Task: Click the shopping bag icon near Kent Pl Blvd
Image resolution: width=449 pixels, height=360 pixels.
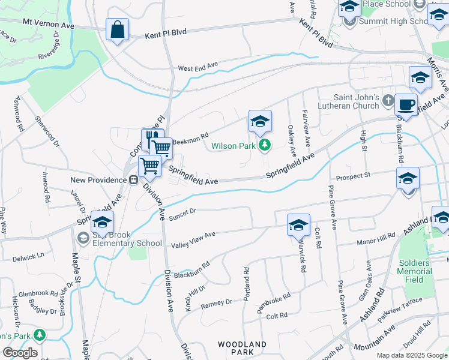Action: pos(117,29)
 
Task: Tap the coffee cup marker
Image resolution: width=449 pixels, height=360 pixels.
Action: pos(406,104)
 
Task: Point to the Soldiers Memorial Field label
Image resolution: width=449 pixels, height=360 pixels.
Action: pos(414,271)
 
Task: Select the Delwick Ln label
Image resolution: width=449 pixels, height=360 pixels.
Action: pos(28,257)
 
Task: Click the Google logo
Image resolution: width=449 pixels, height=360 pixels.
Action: pos(20,352)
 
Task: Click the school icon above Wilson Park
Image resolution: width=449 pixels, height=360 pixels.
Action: pos(260,121)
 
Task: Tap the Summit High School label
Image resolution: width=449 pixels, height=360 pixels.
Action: pos(393,21)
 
